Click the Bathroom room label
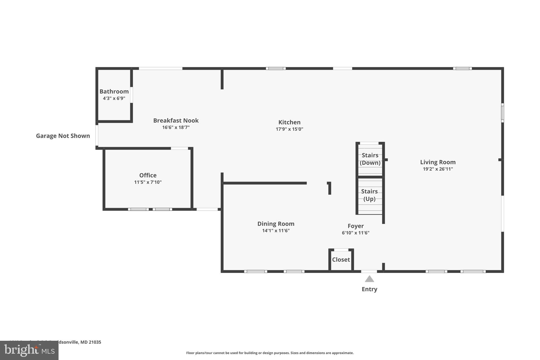click(114, 92)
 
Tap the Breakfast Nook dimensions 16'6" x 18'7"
click(176, 127)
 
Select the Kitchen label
click(289, 122)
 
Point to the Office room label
click(148, 175)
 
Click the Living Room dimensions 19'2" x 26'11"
click(438, 169)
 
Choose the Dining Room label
click(276, 224)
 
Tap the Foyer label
click(355, 226)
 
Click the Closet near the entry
click(341, 260)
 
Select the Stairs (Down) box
click(370, 159)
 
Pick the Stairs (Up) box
click(369, 195)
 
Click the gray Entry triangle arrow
click(369, 279)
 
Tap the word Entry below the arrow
click(369, 289)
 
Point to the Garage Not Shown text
click(63, 136)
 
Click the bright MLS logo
click(29, 350)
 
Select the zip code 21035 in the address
click(95, 342)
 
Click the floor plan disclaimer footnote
click(270, 353)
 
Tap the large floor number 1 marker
click(329, 188)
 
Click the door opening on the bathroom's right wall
click(131, 95)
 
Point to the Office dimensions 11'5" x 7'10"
click(148, 182)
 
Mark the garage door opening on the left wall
click(97, 135)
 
